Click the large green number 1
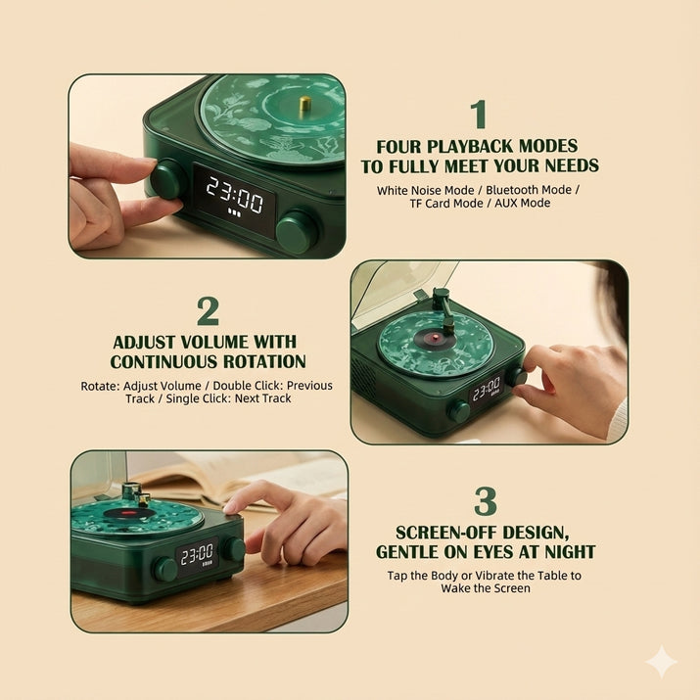click(x=479, y=115)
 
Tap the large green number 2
click(x=208, y=311)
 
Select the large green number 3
click(x=486, y=501)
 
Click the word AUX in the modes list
click(x=505, y=203)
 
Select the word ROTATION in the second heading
click(x=264, y=361)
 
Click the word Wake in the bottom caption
click(x=454, y=588)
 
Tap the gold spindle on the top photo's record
click(x=304, y=104)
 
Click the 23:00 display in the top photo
click(x=234, y=195)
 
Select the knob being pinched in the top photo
click(x=167, y=178)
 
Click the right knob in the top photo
click(x=297, y=232)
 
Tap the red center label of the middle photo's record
click(x=432, y=340)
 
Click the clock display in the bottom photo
click(x=198, y=556)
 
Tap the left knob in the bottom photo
click(x=165, y=569)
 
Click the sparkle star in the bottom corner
click(x=662, y=662)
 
